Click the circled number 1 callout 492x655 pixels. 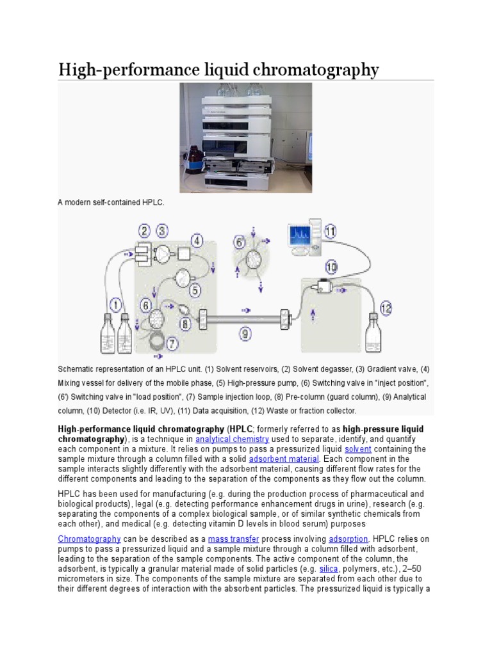tap(116, 305)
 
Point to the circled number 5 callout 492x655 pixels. tap(195, 290)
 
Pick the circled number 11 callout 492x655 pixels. tap(329, 232)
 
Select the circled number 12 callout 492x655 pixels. tap(385, 308)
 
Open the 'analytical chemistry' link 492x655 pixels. tap(233, 439)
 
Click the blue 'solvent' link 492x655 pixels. tap(357, 449)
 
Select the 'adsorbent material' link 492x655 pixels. tap(284, 459)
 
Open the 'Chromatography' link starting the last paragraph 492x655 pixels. tap(89, 539)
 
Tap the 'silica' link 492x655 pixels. tap(328, 568)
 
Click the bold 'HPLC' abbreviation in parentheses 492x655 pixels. tap(242, 429)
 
